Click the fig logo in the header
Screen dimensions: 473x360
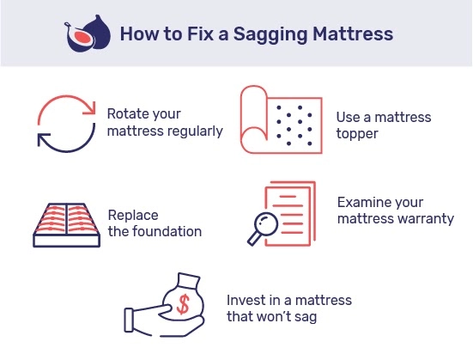88,34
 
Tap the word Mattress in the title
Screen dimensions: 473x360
353,34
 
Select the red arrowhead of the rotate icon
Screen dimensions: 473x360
89,108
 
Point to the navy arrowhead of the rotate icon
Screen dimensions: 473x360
44,140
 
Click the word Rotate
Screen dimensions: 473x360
128,114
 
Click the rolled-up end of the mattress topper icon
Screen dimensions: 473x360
254,119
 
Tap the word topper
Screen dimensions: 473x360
357,134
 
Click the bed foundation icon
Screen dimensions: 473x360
66,225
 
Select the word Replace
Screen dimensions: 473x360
133,216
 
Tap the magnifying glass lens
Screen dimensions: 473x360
266,224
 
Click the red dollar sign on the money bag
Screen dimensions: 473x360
183,304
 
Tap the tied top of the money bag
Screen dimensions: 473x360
189,282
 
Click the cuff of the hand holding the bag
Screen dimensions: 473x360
129,320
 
